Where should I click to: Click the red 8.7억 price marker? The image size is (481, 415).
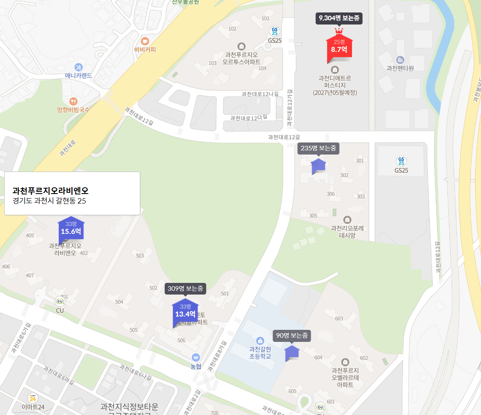(x=339, y=47)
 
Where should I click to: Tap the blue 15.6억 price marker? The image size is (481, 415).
(x=71, y=228)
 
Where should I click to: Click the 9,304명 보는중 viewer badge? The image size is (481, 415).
(x=339, y=18)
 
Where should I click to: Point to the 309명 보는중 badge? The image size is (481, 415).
(x=185, y=288)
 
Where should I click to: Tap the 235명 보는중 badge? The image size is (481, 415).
(x=318, y=148)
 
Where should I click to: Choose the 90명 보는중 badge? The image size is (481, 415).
(x=292, y=335)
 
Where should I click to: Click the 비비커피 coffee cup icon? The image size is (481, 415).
(x=145, y=41)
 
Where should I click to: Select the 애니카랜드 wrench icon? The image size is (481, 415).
(x=78, y=67)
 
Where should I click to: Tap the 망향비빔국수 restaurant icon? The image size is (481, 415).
(x=73, y=101)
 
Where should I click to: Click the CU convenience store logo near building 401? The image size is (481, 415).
(x=60, y=301)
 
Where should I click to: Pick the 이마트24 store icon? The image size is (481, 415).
(x=32, y=398)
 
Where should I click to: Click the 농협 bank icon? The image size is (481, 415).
(x=196, y=357)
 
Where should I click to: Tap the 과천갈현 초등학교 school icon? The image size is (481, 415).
(x=260, y=341)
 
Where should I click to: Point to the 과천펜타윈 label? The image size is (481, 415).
(x=400, y=68)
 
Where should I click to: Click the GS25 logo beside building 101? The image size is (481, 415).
(x=274, y=31)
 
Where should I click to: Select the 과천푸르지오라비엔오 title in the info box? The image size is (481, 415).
(x=50, y=191)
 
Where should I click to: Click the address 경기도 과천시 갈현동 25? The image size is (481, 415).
(x=49, y=201)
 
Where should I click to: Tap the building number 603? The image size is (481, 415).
(x=339, y=318)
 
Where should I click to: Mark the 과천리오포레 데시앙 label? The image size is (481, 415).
(x=347, y=231)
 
